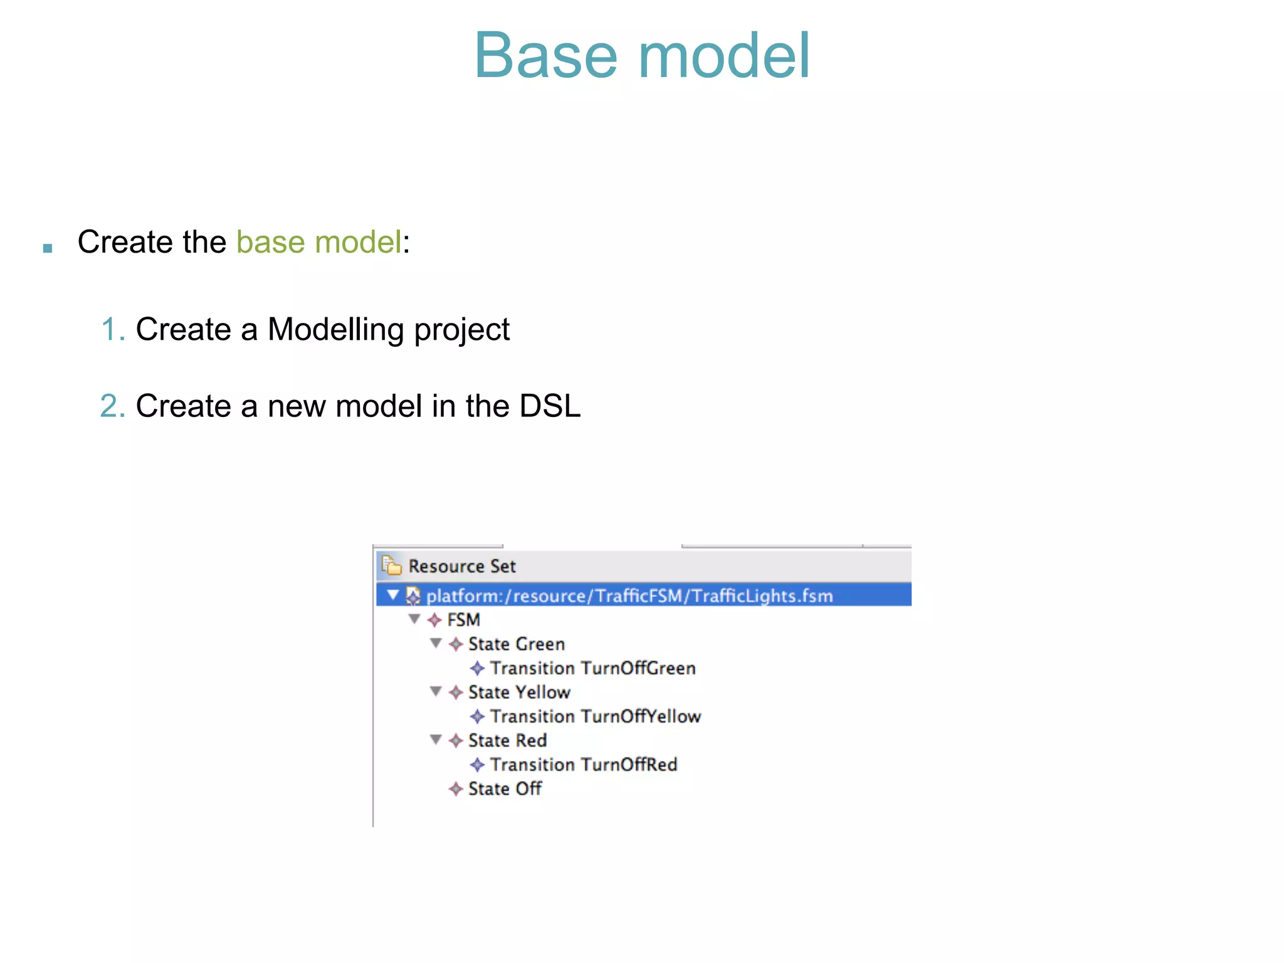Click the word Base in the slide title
click(545, 56)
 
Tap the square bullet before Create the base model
click(48, 248)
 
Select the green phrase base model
click(318, 242)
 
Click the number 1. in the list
click(113, 329)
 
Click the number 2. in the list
click(113, 406)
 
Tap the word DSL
click(550, 406)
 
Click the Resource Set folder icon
click(391, 565)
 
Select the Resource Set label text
click(462, 566)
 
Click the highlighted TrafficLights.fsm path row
click(629, 595)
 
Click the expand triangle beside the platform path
click(393, 594)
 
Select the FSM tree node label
click(463, 620)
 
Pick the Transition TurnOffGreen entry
click(592, 668)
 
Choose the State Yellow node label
click(519, 692)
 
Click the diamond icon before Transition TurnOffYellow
click(477, 717)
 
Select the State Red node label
click(507, 740)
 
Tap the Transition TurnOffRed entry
click(583, 765)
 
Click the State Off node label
click(505, 789)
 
